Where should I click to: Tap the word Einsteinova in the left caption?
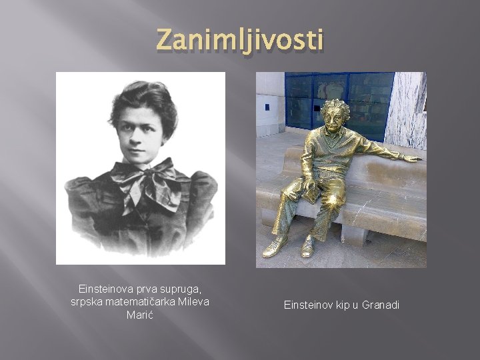[106, 289]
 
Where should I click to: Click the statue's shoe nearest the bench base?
[308, 247]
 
